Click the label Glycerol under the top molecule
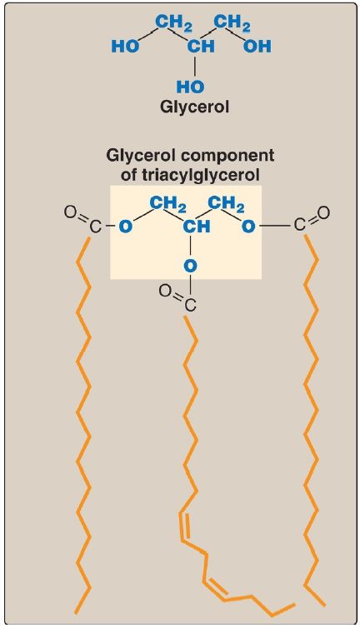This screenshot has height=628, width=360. point(194,107)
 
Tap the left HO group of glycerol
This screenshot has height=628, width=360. point(125,47)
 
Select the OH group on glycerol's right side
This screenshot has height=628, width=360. point(257,47)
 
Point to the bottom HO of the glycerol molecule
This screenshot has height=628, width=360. point(191,87)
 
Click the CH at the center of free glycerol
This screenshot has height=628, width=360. point(201,47)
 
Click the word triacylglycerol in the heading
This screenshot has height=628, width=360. point(190,175)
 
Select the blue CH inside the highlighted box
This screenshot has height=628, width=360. point(197,227)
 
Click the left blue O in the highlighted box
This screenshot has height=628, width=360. point(126,227)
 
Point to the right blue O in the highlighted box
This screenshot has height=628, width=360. point(248,227)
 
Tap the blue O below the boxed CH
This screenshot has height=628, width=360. point(191,265)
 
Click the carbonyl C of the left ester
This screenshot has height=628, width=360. point(93,227)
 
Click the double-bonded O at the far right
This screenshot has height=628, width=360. point(324,212)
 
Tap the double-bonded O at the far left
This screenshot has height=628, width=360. point(71,212)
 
